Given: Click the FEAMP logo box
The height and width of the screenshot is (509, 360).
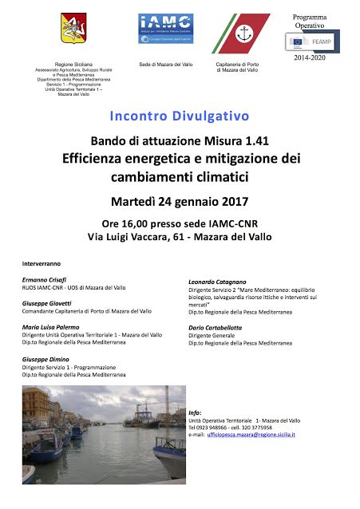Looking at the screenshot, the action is (x=314, y=41).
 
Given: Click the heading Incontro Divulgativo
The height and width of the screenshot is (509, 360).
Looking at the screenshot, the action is (x=179, y=116).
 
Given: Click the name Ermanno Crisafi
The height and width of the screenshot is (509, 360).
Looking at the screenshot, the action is (x=45, y=280).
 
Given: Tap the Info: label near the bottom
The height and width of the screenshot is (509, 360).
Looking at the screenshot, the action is (x=196, y=412).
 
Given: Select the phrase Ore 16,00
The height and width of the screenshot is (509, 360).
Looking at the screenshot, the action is (x=121, y=223).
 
